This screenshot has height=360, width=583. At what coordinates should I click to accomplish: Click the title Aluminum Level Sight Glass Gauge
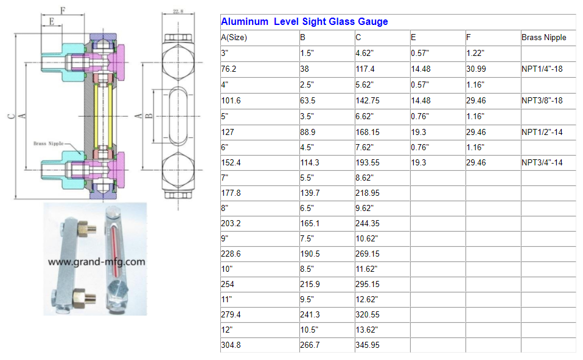click(304, 21)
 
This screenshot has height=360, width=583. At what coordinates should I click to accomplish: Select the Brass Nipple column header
click(543, 38)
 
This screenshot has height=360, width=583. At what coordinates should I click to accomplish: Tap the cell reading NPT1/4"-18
click(542, 69)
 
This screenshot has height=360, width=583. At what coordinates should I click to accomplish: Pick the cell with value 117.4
click(365, 69)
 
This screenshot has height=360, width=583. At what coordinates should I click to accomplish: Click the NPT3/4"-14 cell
click(542, 163)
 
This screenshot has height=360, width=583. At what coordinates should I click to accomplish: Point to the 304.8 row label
click(231, 345)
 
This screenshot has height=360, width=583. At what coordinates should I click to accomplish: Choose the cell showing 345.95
click(368, 345)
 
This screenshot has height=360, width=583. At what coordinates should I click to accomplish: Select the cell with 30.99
click(476, 69)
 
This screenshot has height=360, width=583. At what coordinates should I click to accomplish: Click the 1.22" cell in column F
click(475, 54)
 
